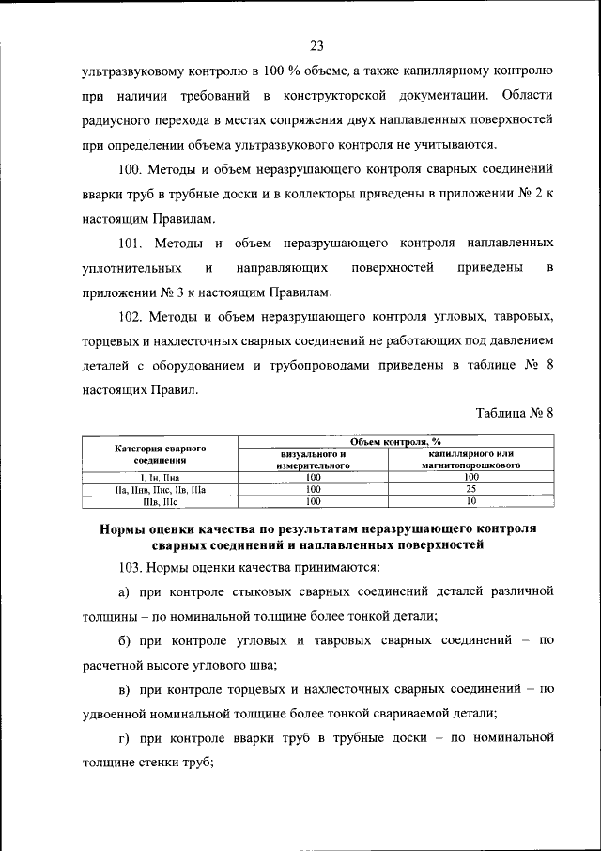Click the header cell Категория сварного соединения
click(x=160, y=454)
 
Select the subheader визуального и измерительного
click(x=313, y=460)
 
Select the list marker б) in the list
click(x=124, y=640)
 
